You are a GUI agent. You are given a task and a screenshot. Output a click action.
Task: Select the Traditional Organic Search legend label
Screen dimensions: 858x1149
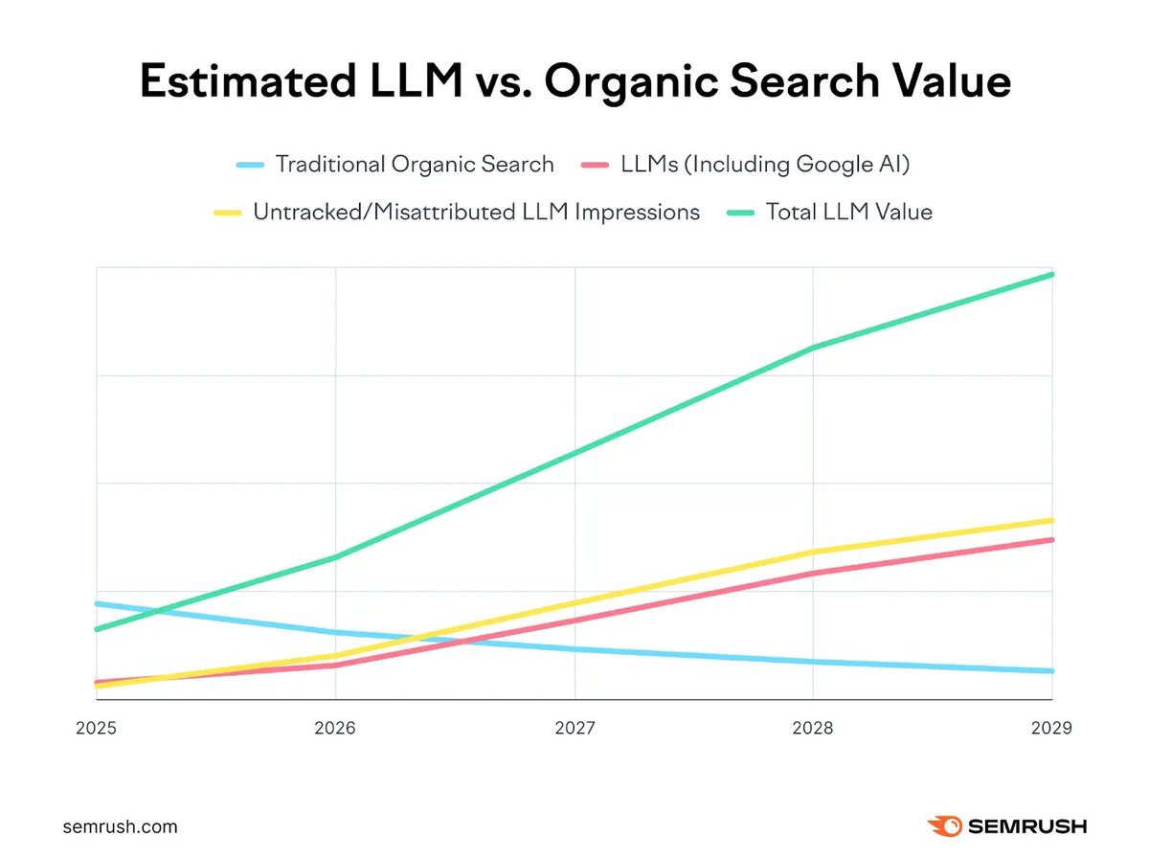pyautogui.click(x=415, y=164)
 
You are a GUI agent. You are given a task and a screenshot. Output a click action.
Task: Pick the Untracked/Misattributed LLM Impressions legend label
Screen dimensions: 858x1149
pyautogui.click(x=476, y=212)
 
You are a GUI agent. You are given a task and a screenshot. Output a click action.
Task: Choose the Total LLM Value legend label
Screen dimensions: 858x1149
pyautogui.click(x=848, y=212)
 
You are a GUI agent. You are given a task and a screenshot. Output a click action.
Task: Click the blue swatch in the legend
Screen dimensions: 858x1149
pyautogui.click(x=251, y=165)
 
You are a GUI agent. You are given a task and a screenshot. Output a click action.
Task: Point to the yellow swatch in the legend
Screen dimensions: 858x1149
pyautogui.click(x=228, y=213)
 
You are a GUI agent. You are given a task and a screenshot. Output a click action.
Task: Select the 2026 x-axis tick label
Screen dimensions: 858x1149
pyautogui.click(x=334, y=728)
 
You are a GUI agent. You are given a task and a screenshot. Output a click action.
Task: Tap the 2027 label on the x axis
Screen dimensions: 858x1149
pyautogui.click(x=574, y=728)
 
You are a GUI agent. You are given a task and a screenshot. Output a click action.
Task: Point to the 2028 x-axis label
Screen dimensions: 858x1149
pyautogui.click(x=813, y=728)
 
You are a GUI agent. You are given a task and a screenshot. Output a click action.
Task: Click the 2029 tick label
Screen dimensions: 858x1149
pyautogui.click(x=1052, y=728)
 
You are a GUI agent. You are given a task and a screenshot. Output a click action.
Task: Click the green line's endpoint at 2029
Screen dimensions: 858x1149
pyautogui.click(x=1052, y=275)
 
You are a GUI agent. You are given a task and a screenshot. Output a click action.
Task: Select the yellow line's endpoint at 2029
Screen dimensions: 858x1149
pyautogui.click(x=1052, y=521)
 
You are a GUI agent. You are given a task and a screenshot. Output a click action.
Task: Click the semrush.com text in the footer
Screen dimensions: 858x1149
pyautogui.click(x=120, y=826)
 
